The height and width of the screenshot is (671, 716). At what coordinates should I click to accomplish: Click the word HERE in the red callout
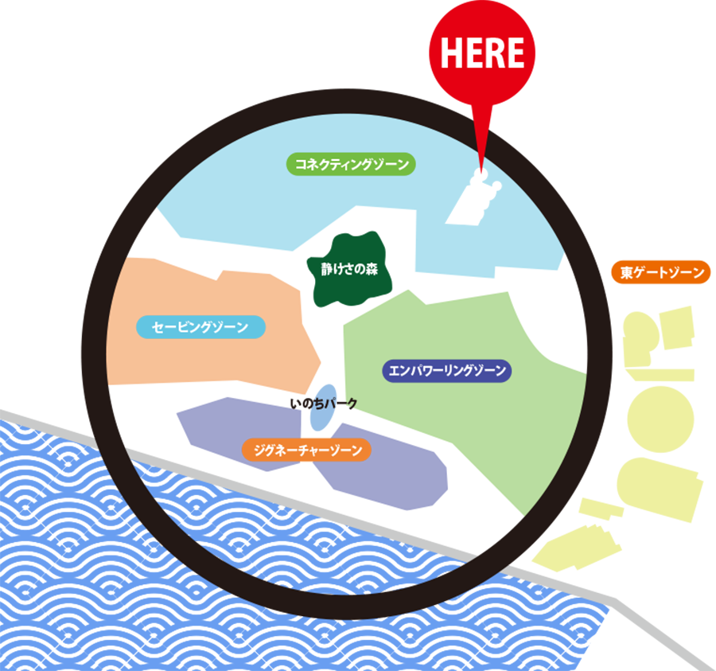482,53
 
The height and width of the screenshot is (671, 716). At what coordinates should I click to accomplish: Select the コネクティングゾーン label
351,165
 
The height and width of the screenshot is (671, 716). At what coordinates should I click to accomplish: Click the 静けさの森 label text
349,269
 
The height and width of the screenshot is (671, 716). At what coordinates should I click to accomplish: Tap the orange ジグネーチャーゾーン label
307,451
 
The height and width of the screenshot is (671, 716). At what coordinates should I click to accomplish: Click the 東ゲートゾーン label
663,273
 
